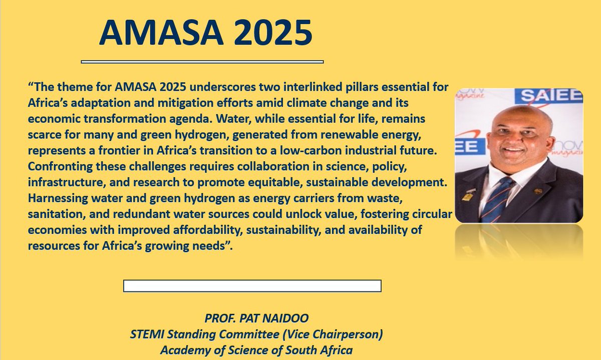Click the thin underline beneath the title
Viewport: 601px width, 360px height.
[202, 62]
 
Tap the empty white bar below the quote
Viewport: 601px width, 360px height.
[252, 286]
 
